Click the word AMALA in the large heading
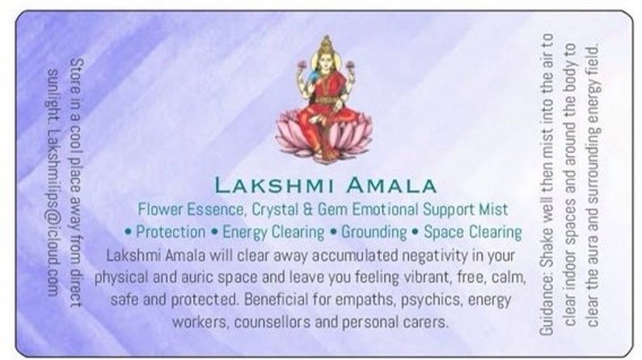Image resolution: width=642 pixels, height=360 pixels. coord(391,185)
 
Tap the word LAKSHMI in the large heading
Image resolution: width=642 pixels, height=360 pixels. coord(275,185)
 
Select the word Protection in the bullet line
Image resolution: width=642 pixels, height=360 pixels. coord(171,232)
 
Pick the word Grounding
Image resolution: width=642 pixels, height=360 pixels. coord(374,232)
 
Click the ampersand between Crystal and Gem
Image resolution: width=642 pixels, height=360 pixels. coord(308,210)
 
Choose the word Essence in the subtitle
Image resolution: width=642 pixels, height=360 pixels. coord(216,210)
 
